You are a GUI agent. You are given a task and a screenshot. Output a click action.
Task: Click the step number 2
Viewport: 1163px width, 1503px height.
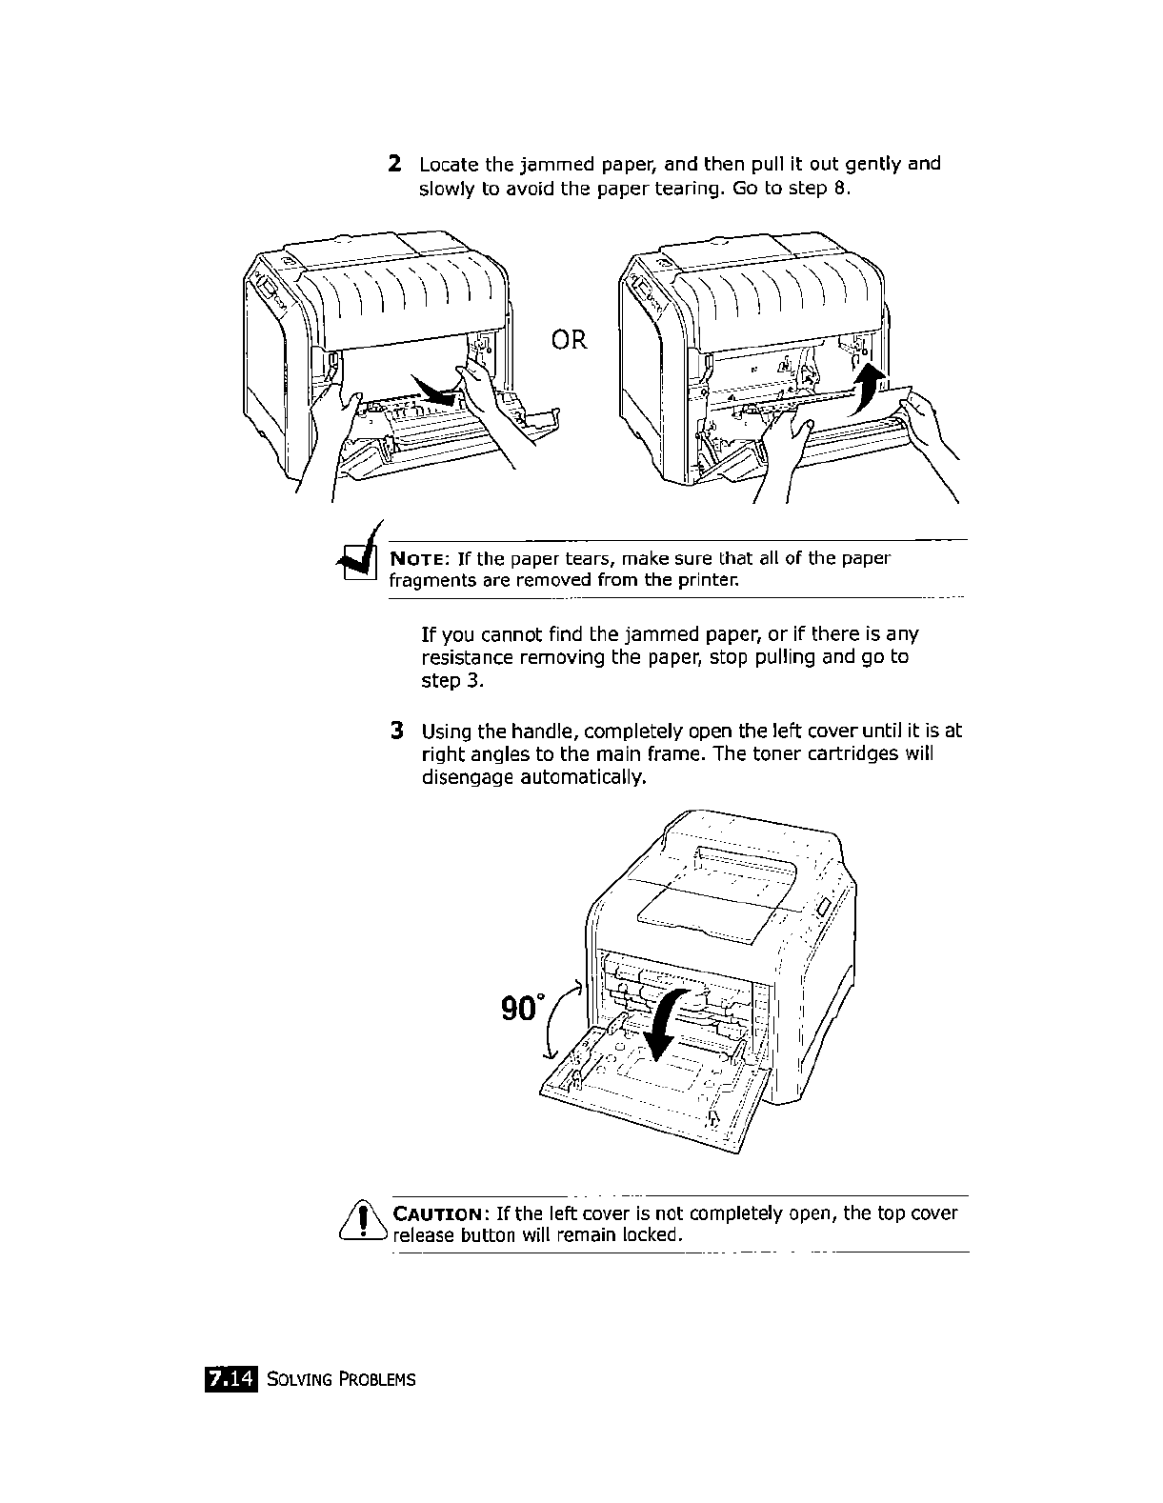393,164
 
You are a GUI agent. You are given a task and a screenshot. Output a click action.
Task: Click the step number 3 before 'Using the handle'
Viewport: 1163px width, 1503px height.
397,731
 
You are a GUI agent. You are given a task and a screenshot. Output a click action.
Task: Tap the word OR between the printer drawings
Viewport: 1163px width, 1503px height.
569,339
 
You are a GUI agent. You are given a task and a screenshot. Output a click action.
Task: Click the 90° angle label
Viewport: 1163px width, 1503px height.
524,1008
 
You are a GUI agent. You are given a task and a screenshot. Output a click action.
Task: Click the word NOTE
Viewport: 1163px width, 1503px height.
417,558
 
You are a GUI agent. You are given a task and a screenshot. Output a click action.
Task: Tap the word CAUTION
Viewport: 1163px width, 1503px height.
439,1213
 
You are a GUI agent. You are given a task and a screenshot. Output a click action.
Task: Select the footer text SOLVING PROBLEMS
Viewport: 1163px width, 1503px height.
341,1379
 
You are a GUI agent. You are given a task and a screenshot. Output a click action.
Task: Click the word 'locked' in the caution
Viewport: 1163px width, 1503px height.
651,1235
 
